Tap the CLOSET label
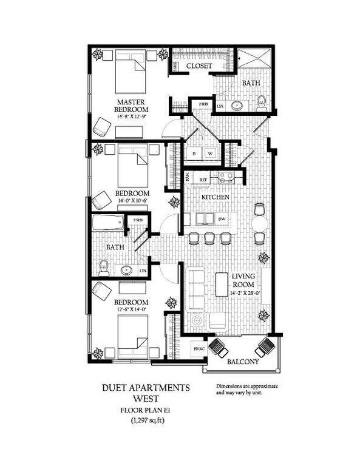pyautogui.click(x=199, y=66)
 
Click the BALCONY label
pyautogui.click(x=243, y=362)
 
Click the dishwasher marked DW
pyautogui.click(x=222, y=219)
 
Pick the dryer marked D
pyautogui.click(x=194, y=154)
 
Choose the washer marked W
pyautogui.click(x=211, y=154)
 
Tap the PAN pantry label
pyautogui.click(x=188, y=178)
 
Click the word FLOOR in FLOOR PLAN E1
pyautogui.click(x=130, y=410)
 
